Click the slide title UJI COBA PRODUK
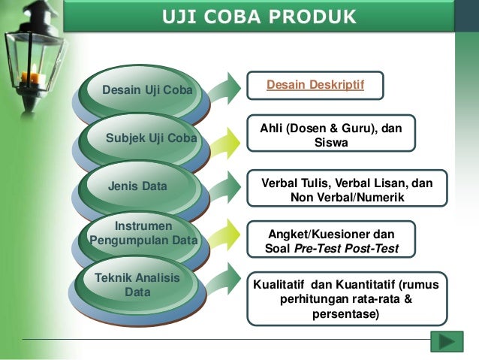coord(259,17)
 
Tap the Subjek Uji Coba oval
coord(150,139)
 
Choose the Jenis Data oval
coord(139,186)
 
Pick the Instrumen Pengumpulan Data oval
coord(143,234)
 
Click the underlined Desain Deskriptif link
coord(315,86)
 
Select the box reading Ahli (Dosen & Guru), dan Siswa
coord(330,136)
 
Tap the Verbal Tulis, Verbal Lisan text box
coord(347,190)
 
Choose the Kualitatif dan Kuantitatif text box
coord(346,298)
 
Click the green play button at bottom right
coord(446,341)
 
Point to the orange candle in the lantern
coord(32,74)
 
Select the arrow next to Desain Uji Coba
coord(222,91)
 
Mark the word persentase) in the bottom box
coord(346,314)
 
